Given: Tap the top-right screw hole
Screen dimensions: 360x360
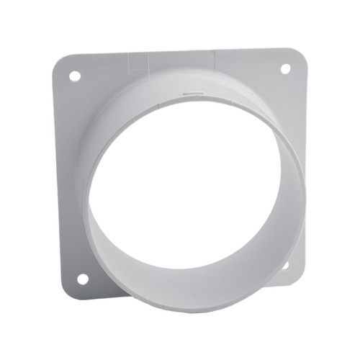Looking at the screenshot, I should [284, 68].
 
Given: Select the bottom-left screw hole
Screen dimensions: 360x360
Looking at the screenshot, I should [82, 278].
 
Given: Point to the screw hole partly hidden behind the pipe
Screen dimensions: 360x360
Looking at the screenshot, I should [286, 265].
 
